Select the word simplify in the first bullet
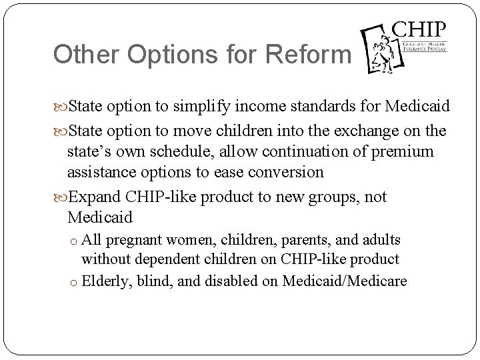[x=204, y=107]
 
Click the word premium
[x=406, y=152]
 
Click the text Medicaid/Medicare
[x=344, y=280]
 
